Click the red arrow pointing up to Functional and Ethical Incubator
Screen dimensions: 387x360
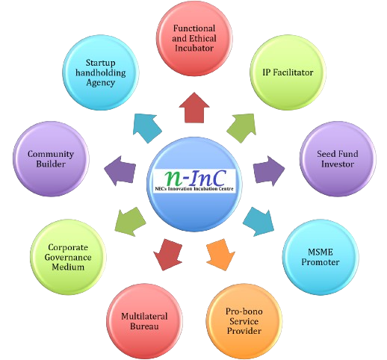tap(194, 108)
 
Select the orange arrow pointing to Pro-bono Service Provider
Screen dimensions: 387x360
tap(220, 255)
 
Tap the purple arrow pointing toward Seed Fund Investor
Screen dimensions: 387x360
tap(268, 170)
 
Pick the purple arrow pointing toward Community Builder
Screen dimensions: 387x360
tap(120, 171)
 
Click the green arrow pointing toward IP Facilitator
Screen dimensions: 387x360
tap(242, 128)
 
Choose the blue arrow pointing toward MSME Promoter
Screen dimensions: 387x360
tap(259, 222)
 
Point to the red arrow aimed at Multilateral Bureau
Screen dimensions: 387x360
tap(168, 255)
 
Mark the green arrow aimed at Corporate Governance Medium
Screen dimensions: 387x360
tap(130, 222)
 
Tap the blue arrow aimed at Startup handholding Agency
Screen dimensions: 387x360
tap(147, 128)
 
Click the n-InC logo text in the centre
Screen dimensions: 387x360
tap(195, 178)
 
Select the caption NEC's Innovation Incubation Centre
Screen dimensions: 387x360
tap(194, 189)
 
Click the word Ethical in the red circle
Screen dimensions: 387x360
tap(205, 38)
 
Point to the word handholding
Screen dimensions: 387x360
tap(101, 72)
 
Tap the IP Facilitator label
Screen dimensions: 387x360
tap(288, 72)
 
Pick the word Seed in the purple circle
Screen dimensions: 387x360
tap(326, 154)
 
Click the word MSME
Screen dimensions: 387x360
tap(321, 252)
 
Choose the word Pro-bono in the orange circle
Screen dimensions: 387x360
tap(244, 311)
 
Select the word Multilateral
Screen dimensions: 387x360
tap(144, 316)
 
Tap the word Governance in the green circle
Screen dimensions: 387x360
tap(68, 257)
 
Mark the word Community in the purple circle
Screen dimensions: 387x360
tap(51, 154)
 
